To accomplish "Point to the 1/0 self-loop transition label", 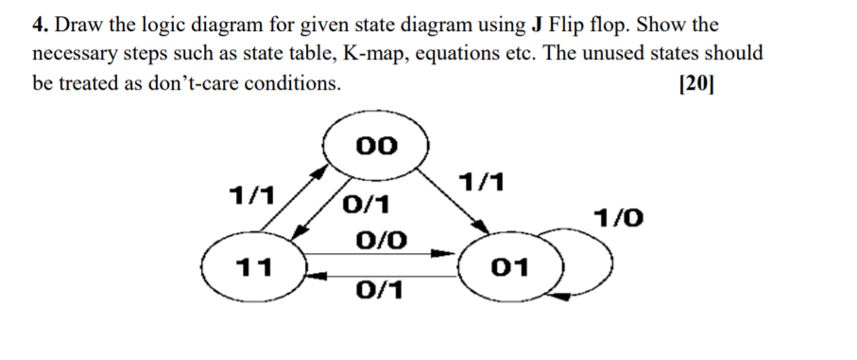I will point(619,219).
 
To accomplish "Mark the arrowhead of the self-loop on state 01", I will point(557,297).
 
